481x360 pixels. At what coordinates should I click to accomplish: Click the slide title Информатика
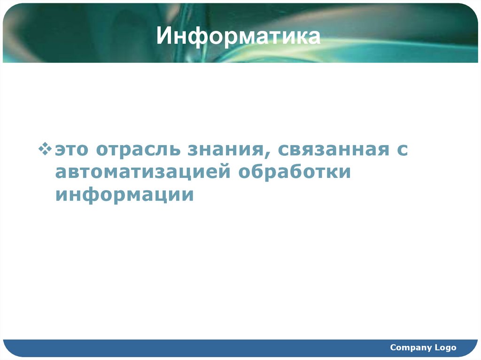239,36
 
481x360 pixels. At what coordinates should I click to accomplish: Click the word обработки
295,172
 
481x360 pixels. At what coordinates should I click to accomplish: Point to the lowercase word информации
124,194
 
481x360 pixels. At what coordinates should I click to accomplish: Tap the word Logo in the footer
445,347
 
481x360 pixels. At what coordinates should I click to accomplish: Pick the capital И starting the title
163,37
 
